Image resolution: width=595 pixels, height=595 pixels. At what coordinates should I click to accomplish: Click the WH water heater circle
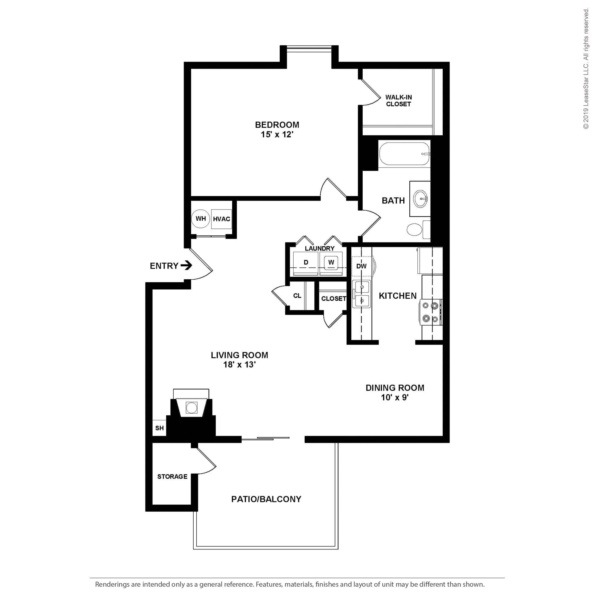coord(201,219)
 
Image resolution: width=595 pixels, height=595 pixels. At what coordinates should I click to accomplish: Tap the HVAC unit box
coord(221,219)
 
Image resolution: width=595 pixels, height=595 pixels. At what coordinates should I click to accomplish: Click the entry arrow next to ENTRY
coord(187,265)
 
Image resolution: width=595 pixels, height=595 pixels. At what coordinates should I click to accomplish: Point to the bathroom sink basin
coord(420,199)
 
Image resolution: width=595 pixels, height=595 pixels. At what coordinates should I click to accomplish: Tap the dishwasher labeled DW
coord(361,266)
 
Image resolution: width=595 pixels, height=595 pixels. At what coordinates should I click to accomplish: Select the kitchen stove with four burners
coord(430,312)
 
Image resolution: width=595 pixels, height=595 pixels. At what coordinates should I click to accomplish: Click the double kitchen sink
coord(361,294)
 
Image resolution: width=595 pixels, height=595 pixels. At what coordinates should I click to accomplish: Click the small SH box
coord(159,428)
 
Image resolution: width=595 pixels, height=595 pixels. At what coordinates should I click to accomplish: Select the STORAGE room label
coord(172,476)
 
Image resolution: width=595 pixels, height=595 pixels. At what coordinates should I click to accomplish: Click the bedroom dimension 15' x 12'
coord(277,134)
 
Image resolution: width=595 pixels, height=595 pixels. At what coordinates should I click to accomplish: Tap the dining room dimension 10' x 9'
coord(394,397)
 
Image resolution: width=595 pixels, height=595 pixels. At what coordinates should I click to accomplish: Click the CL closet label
coord(297,296)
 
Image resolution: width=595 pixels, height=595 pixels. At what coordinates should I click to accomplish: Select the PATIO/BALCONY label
coord(266,499)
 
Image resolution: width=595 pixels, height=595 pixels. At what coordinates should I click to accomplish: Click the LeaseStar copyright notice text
coord(585,69)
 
